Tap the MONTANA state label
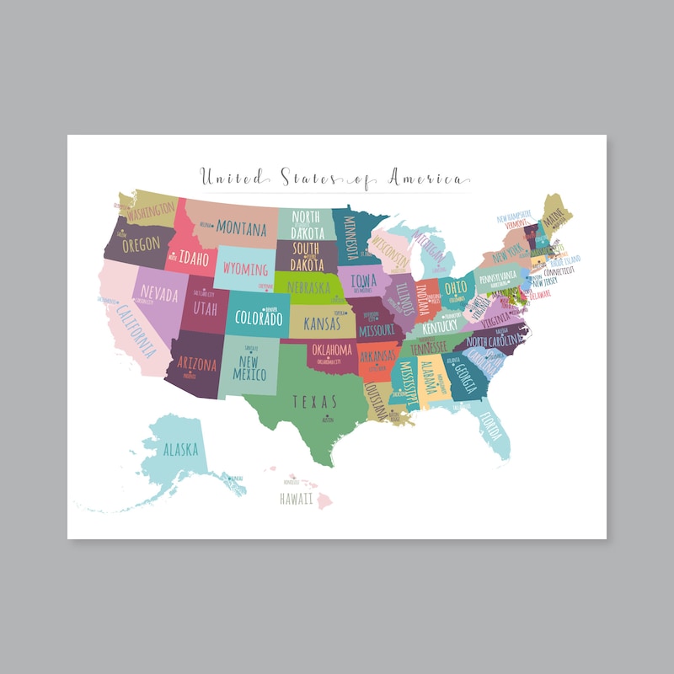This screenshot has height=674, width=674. click(x=241, y=227)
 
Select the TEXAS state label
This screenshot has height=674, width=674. click(x=314, y=402)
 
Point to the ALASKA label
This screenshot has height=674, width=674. click(x=180, y=449)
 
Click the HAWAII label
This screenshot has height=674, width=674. click(x=296, y=499)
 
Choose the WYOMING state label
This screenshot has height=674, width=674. click(x=245, y=270)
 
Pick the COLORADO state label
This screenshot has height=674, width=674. click(x=259, y=319)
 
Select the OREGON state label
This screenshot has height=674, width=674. click(x=141, y=245)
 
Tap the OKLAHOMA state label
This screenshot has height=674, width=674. click(x=331, y=350)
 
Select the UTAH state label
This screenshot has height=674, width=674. click(x=206, y=309)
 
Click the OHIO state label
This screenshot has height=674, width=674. click(x=456, y=286)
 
